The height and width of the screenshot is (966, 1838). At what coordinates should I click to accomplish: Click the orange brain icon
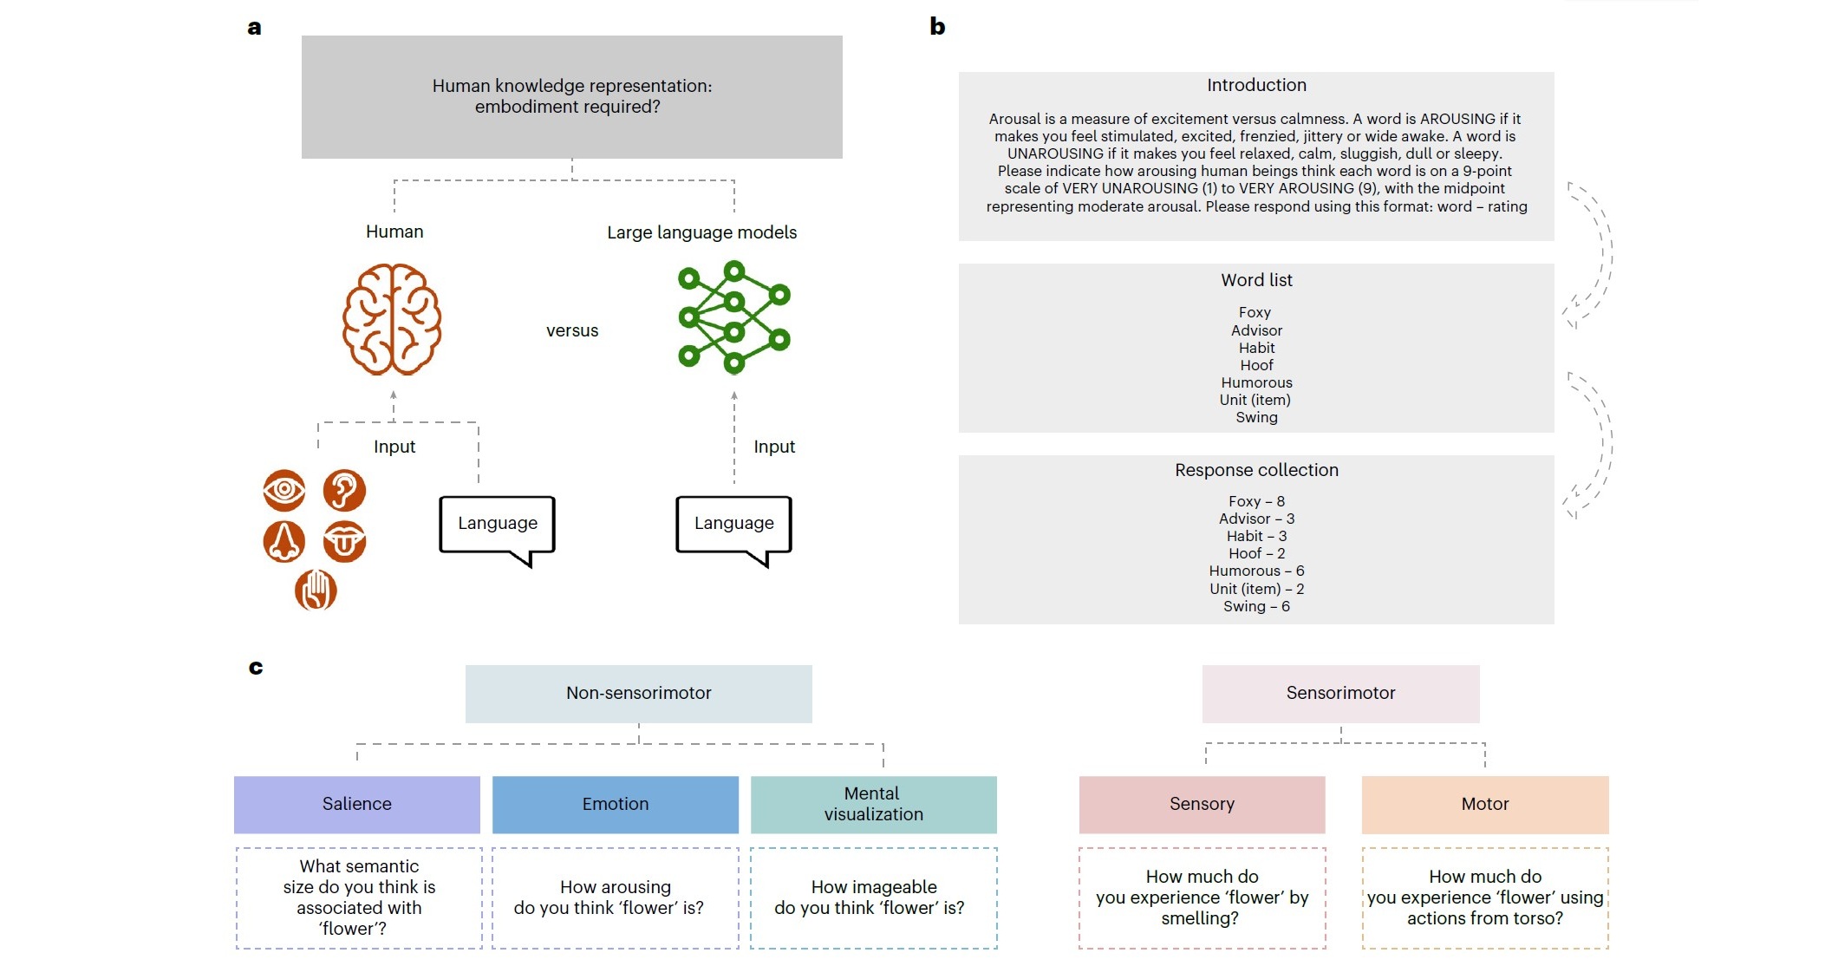pyautogui.click(x=392, y=319)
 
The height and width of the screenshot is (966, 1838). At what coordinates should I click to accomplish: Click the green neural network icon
pyautogui.click(x=733, y=317)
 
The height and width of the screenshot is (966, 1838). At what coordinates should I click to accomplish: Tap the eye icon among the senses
pyautogui.click(x=284, y=491)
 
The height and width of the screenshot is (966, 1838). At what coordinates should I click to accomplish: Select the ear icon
pyautogui.click(x=344, y=491)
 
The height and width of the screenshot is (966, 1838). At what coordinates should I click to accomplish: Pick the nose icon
pyautogui.click(x=284, y=542)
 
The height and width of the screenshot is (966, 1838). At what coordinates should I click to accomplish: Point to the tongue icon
pyautogui.click(x=344, y=542)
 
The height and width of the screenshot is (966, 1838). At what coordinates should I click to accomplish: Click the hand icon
pyautogui.click(x=316, y=591)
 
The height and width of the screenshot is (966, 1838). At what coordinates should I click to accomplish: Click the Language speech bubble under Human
pyautogui.click(x=497, y=524)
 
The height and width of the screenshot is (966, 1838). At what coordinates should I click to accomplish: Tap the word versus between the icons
pyautogui.click(x=572, y=330)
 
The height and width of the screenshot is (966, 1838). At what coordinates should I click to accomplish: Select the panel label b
pyautogui.click(x=937, y=27)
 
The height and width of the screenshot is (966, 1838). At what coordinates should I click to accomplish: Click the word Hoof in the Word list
pyautogui.click(x=1256, y=365)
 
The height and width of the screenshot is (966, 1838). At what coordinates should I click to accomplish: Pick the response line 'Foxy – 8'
pyautogui.click(x=1256, y=501)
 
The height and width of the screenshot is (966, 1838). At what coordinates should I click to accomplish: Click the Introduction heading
pyautogui.click(x=1256, y=85)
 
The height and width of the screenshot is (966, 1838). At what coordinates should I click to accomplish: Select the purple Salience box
pyautogui.click(x=357, y=804)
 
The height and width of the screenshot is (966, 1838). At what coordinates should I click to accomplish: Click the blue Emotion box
pyautogui.click(x=616, y=804)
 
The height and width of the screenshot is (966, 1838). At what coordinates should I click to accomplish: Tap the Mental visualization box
pyautogui.click(x=873, y=804)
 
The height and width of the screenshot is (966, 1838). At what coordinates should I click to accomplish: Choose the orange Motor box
pyautogui.click(x=1485, y=804)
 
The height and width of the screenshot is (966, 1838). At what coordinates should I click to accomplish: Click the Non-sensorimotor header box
pyautogui.click(x=639, y=693)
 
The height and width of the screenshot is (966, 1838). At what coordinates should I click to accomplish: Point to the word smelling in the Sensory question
pyautogui.click(x=1200, y=918)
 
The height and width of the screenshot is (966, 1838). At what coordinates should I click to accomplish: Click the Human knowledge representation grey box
pyautogui.click(x=572, y=96)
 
